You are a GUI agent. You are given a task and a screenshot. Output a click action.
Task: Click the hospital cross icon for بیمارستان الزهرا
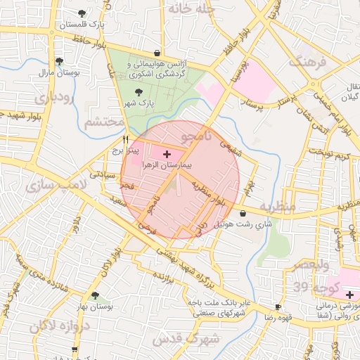click(x=167, y=153)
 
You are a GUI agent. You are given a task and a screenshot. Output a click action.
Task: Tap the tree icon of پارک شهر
click(x=138, y=91)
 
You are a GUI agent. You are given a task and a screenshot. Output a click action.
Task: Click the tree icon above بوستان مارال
click(x=59, y=61)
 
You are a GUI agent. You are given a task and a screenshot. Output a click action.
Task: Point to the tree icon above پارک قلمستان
click(x=83, y=13)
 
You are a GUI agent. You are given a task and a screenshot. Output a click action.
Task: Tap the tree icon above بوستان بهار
click(x=95, y=296)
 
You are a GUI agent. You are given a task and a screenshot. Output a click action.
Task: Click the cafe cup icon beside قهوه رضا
click(x=278, y=307)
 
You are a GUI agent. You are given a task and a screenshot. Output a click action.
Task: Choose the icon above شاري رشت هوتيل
click(x=243, y=213)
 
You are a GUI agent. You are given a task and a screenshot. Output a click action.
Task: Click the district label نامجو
click(x=196, y=136)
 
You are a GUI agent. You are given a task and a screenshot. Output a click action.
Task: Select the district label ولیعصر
click(x=311, y=265)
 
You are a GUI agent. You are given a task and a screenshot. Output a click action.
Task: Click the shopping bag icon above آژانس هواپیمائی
click(x=156, y=53)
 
